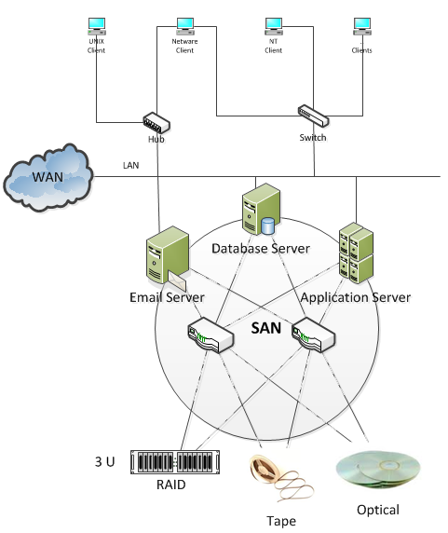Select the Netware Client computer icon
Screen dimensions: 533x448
click(x=184, y=24)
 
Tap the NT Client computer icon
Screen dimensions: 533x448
click(x=273, y=24)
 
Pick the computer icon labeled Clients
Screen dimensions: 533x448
click(x=361, y=24)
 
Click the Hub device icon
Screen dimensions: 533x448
click(x=156, y=121)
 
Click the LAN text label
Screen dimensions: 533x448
click(x=131, y=166)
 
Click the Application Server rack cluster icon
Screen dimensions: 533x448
click(x=356, y=252)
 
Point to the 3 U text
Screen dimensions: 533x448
click(x=104, y=461)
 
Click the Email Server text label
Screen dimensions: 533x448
click(x=167, y=297)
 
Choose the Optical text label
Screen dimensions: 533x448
click(x=377, y=510)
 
